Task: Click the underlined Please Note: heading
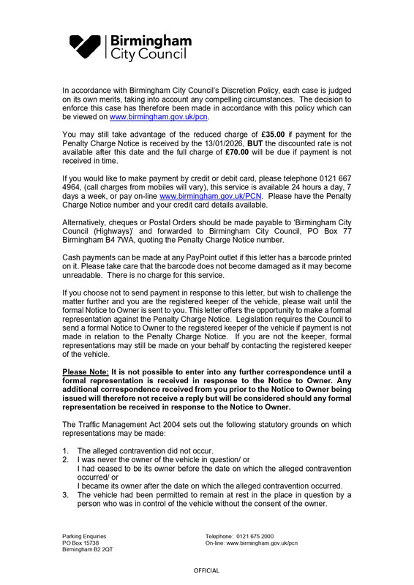pos(86,374)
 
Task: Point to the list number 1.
pos(66,451)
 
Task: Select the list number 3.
pos(66,497)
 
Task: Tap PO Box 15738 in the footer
pos(81,543)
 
